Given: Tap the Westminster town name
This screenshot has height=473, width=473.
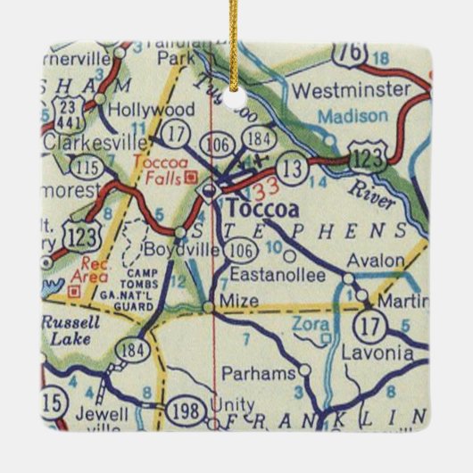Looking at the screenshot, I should click(x=350, y=91).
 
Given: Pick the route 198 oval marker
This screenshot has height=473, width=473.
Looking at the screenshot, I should click(x=189, y=410).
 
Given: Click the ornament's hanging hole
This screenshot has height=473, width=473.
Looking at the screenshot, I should click(x=236, y=101).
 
